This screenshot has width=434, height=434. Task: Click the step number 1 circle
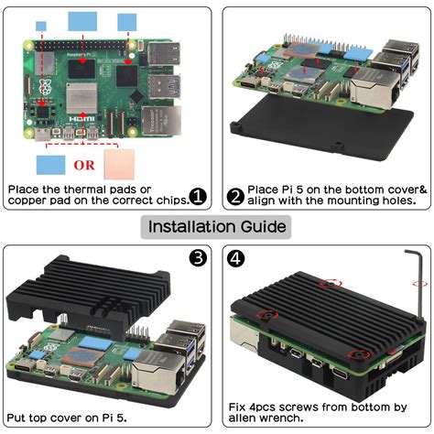point(197,197)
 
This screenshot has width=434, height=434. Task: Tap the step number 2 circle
point(235,197)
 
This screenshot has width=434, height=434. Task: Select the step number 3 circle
point(197,258)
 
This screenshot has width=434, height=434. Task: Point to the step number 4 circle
point(236,258)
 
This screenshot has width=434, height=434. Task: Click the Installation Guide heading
point(217,226)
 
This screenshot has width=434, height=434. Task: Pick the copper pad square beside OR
point(123,165)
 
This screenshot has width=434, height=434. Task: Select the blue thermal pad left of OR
point(51,166)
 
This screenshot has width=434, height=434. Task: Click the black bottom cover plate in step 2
point(302,137)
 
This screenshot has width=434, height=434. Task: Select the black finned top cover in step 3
point(92,293)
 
